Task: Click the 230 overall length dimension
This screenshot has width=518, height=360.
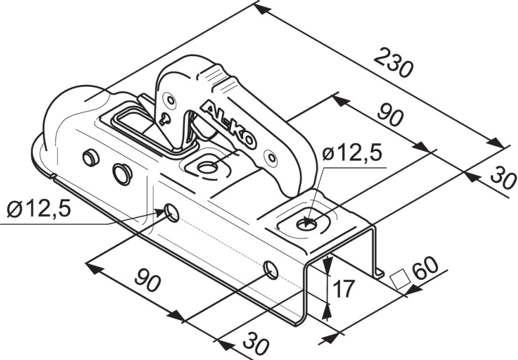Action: (394, 63)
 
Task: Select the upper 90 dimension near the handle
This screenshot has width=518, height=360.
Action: (391, 114)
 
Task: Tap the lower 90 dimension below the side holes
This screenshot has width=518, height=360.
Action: (147, 280)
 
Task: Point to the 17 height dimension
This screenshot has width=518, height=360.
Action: (343, 288)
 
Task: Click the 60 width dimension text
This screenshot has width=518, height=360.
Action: (425, 267)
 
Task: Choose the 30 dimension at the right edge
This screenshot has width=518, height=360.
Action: (503, 178)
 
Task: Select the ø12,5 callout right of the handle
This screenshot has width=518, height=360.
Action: (352, 153)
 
